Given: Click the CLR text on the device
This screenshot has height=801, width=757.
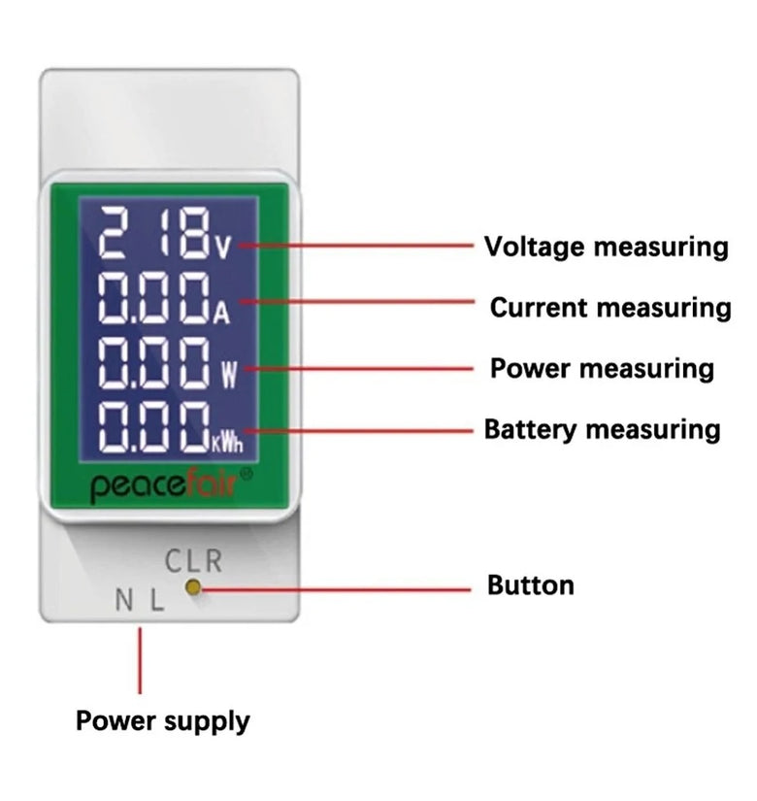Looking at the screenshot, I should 193,561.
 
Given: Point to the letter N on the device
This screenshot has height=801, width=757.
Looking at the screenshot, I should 123,601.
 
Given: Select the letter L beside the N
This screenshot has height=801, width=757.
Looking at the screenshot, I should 157,601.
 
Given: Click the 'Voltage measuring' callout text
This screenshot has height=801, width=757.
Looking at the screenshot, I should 606,247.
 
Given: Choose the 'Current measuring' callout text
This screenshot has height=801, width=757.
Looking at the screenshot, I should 609,308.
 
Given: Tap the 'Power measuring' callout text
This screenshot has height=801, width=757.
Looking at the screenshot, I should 601,369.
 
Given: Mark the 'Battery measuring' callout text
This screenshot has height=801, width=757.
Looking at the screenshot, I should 602,429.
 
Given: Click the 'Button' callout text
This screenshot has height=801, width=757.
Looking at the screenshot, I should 530,585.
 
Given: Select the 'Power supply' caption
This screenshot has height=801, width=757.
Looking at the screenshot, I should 162,721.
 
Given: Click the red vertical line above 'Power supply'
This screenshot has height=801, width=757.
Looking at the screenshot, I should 141,660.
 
